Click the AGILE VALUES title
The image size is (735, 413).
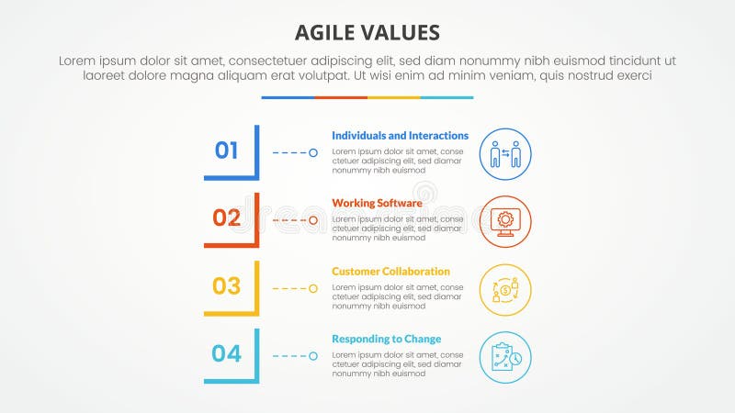(x=367, y=33)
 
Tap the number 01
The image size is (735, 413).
(x=227, y=150)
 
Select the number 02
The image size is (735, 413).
(x=227, y=218)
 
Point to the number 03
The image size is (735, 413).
(x=227, y=285)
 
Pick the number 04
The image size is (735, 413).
(x=227, y=353)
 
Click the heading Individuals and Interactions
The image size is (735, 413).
(x=400, y=136)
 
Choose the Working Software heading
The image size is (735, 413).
(x=377, y=204)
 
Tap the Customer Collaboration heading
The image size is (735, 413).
(x=390, y=272)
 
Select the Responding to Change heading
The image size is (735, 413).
(x=386, y=340)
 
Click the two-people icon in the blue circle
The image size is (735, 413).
(x=505, y=153)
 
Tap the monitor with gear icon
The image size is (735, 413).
(x=505, y=221)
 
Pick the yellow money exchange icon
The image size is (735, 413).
(x=505, y=290)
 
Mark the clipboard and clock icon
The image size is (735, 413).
(x=505, y=357)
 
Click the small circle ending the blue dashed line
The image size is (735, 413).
(x=313, y=152)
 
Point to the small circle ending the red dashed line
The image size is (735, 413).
(x=313, y=220)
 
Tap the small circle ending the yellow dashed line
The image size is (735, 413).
(x=313, y=288)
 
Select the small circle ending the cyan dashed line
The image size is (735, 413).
(x=313, y=356)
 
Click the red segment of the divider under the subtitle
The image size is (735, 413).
(x=341, y=97)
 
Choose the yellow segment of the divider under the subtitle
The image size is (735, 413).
(x=394, y=97)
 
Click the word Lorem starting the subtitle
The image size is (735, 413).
(x=78, y=60)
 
